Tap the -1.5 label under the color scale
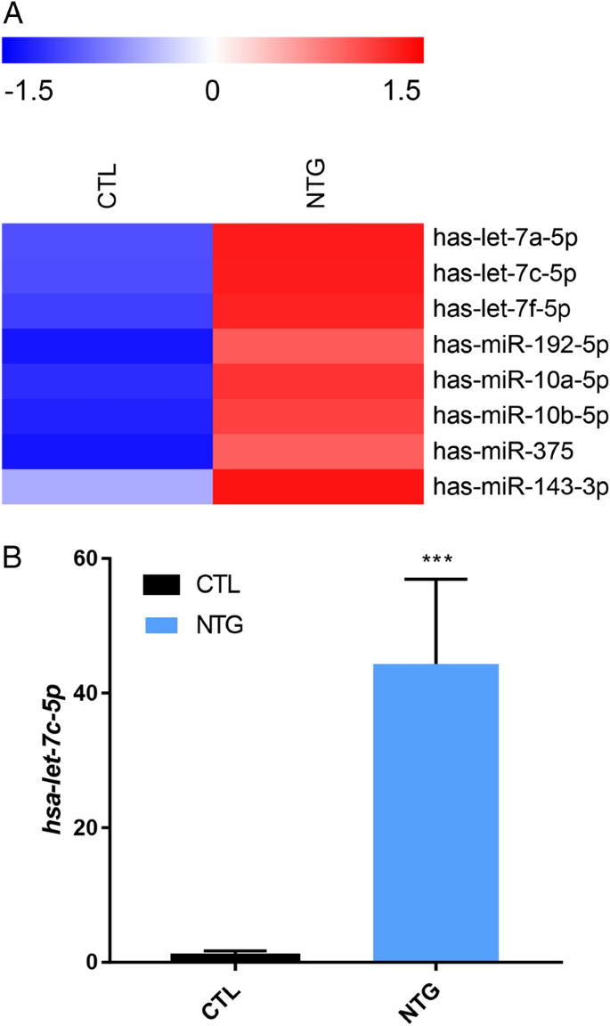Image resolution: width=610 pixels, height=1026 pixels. (x=28, y=91)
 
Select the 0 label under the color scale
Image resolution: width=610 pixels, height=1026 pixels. (x=212, y=91)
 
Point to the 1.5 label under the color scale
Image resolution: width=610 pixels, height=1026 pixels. (x=398, y=91)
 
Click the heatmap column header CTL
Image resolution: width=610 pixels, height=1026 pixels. (x=108, y=185)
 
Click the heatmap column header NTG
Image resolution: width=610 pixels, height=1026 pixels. (x=317, y=185)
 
